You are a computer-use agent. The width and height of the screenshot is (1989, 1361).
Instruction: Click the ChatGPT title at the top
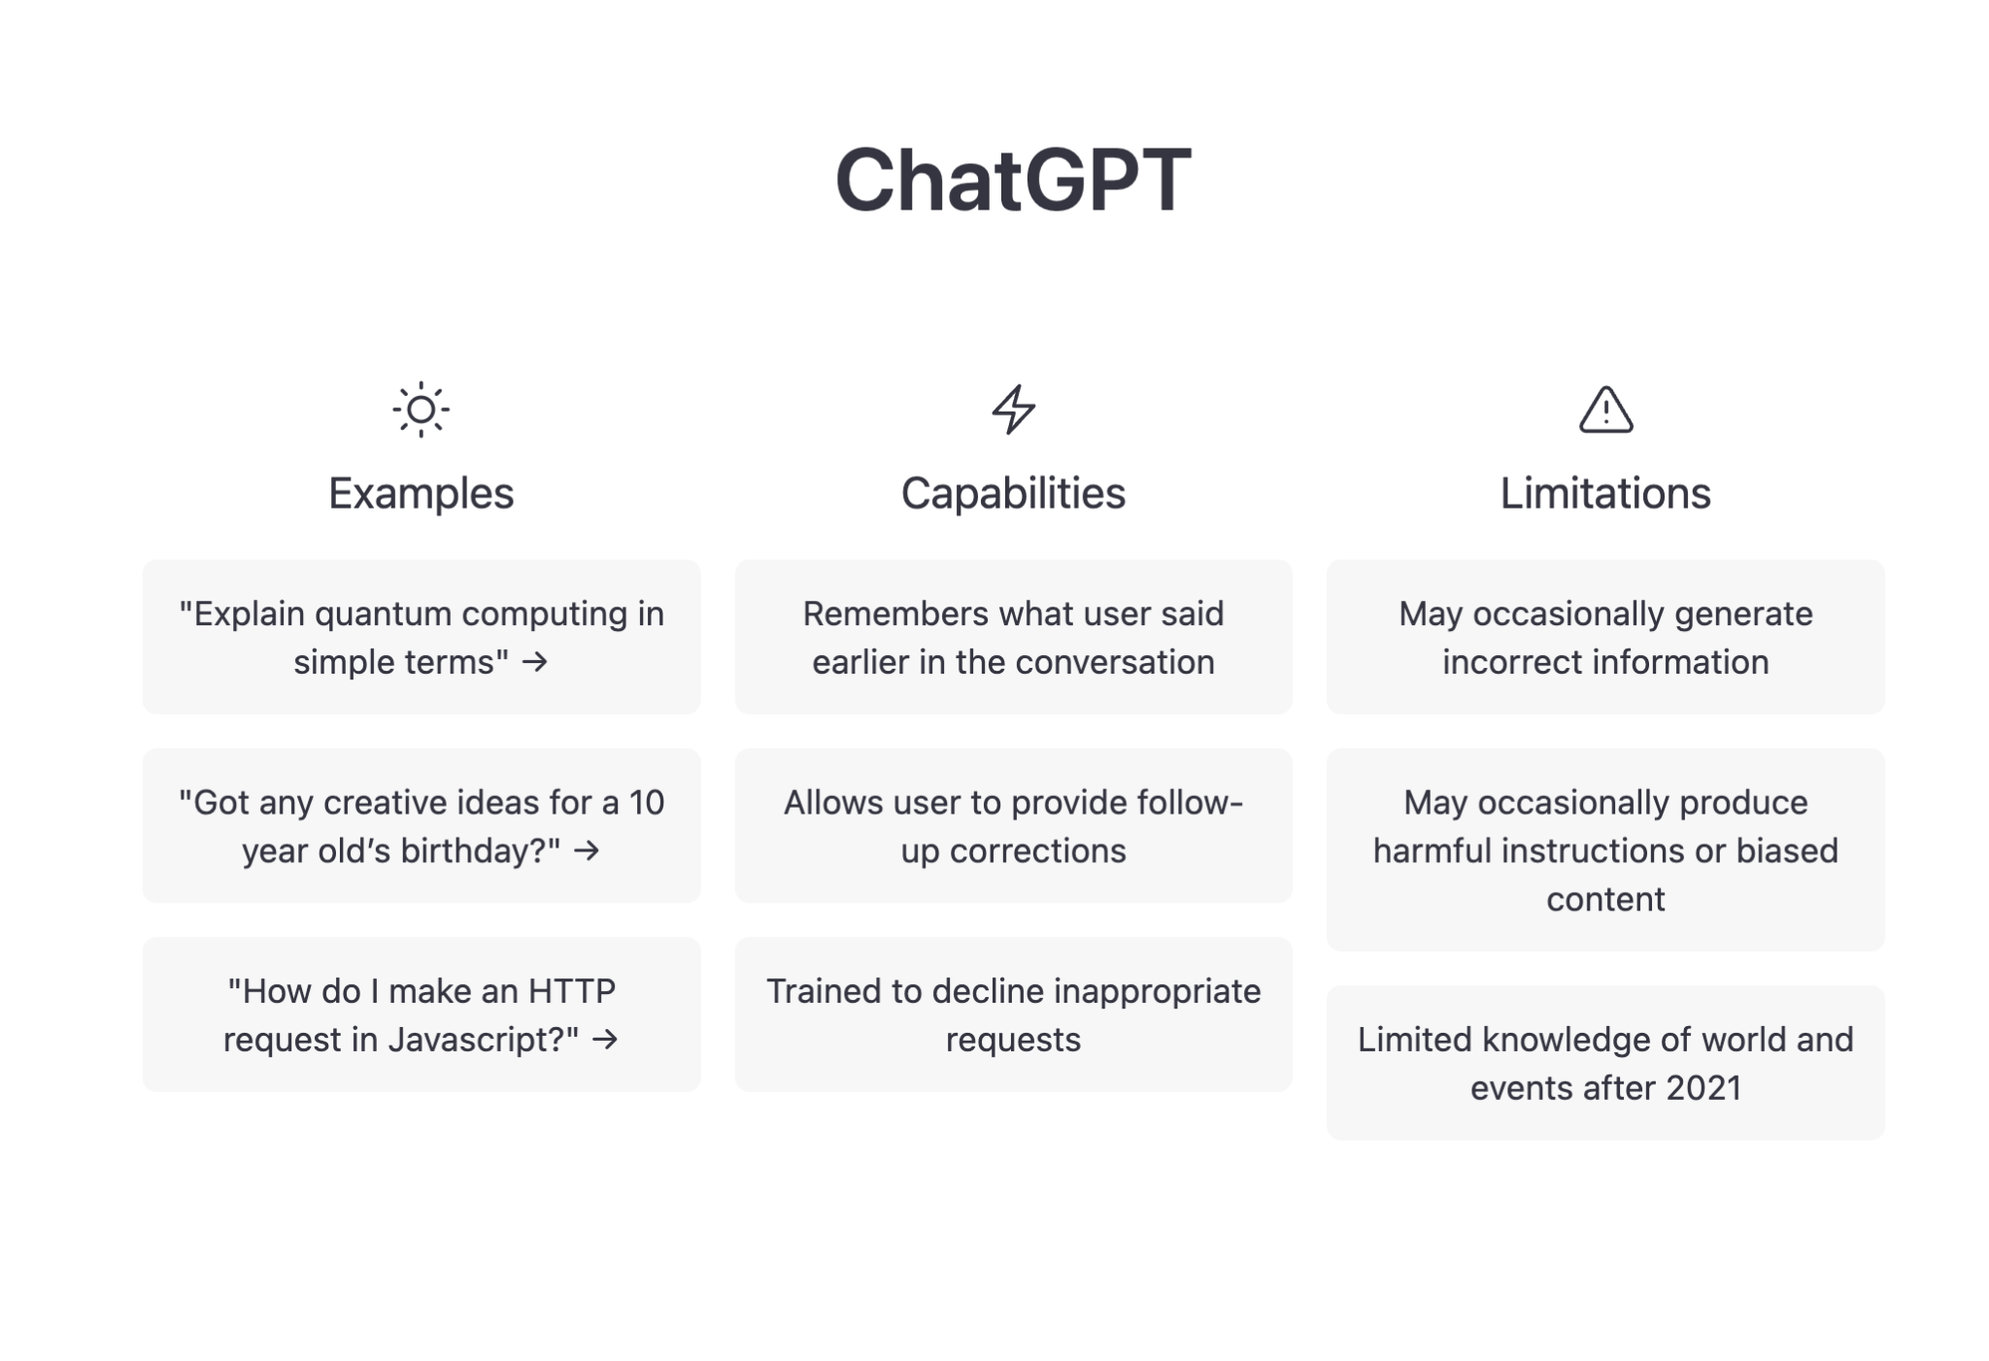click(1013, 180)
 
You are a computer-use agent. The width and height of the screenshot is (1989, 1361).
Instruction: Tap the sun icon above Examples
click(421, 410)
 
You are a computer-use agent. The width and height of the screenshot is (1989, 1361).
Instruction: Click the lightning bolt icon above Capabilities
click(1013, 409)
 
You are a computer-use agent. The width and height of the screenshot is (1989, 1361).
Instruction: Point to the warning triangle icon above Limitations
click(1605, 410)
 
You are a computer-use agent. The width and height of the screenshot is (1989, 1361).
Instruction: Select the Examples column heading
click(421, 493)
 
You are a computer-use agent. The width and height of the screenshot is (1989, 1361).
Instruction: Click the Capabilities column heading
click(1013, 493)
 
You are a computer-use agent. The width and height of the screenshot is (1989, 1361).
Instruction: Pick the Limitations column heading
click(1605, 493)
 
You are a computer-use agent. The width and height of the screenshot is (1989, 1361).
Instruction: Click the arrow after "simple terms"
click(535, 662)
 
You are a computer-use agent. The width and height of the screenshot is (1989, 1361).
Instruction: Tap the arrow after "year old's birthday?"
click(587, 850)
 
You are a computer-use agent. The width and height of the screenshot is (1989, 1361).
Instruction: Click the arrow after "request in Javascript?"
click(605, 1040)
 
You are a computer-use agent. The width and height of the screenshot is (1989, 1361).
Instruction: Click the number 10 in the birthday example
click(646, 803)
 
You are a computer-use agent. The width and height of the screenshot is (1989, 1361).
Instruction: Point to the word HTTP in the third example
click(572, 991)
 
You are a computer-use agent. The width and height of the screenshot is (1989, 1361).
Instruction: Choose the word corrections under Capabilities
click(1037, 851)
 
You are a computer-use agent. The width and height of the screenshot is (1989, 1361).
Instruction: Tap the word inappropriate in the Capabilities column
click(1157, 991)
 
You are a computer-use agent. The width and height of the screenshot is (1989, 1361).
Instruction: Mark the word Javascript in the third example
click(483, 1040)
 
